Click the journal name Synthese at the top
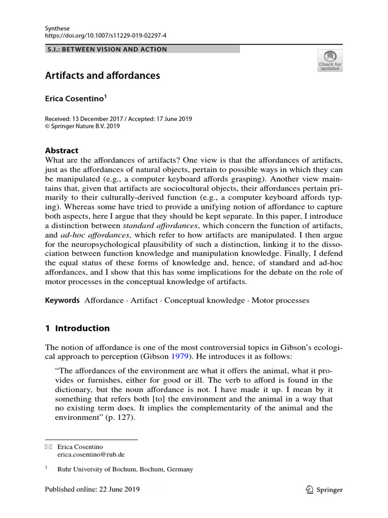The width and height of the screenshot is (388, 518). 57,28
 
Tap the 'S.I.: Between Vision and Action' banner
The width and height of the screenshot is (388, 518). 106,49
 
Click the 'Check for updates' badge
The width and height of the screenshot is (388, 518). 329,60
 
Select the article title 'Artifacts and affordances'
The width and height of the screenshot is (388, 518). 103,76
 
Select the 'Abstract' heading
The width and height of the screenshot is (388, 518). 62,150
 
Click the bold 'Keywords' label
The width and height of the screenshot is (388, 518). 63,300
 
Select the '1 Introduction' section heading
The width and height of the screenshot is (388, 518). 77,328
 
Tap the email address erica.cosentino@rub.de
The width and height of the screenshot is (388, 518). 88,455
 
